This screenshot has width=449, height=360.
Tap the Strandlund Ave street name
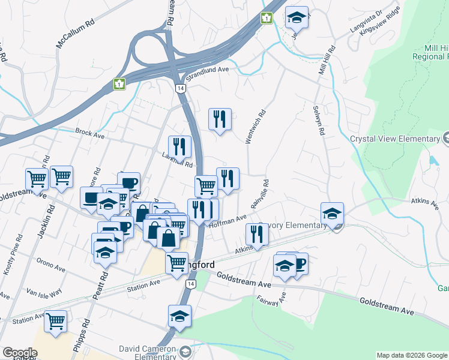(x=208, y=70)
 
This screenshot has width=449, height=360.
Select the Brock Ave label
(x=89, y=133)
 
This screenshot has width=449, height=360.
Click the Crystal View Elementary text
(x=394, y=139)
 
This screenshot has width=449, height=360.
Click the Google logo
(x=20, y=353)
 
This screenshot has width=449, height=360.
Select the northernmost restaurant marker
(x=220, y=119)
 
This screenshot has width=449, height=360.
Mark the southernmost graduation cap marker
(x=179, y=316)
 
